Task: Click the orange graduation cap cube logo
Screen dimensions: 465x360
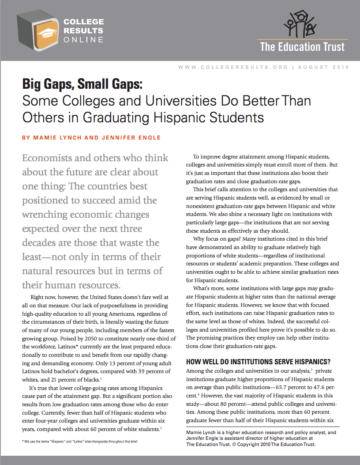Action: pos(38,31)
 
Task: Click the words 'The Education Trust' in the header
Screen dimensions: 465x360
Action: pos(302,47)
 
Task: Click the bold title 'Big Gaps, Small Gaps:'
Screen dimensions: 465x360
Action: pos(82,84)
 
